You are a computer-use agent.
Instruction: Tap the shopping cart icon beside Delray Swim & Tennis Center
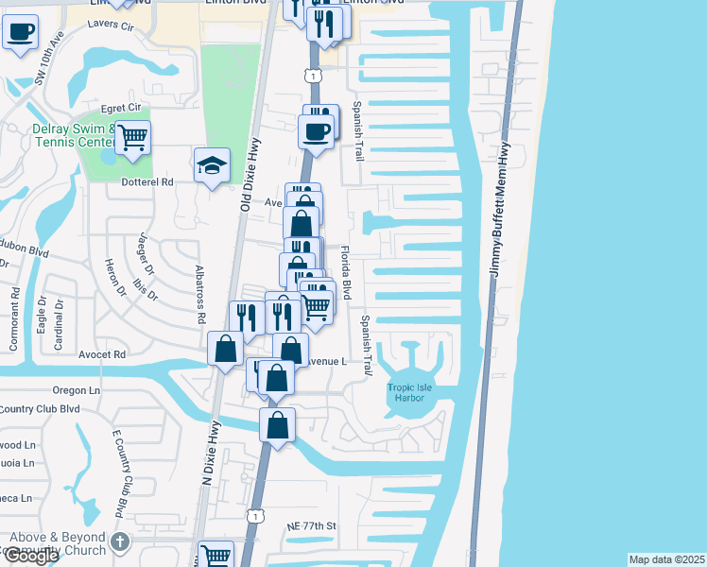click(x=132, y=137)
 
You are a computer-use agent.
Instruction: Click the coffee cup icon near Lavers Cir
click(x=19, y=32)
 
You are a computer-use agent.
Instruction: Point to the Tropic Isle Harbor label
click(x=411, y=392)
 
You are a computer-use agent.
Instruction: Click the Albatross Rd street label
click(x=198, y=295)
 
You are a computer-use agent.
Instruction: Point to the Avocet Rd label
click(x=102, y=355)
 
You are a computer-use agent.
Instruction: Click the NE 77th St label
click(x=312, y=525)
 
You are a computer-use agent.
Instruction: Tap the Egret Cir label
click(x=104, y=109)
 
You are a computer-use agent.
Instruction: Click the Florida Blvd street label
click(x=346, y=274)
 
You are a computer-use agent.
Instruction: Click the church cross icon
click(x=119, y=541)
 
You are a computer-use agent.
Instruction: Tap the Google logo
click(x=30, y=557)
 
